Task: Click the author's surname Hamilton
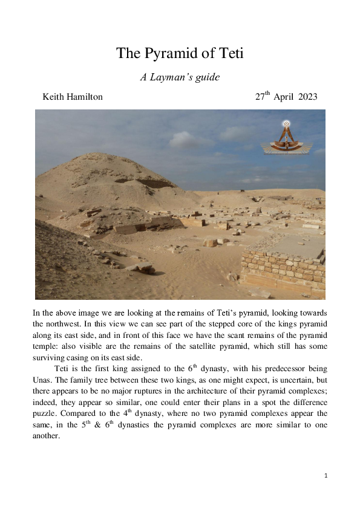click(83, 97)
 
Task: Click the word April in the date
click(284, 97)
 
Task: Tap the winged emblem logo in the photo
click(284, 138)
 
